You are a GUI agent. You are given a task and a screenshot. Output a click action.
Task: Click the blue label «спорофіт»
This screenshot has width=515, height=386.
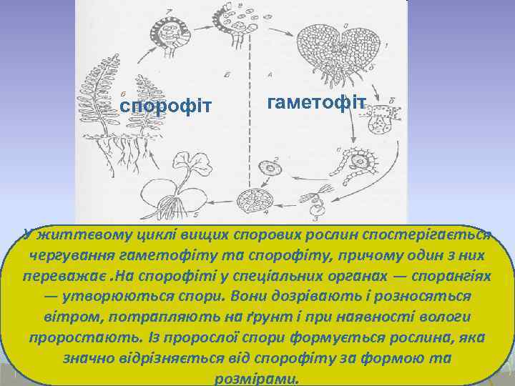(166, 107)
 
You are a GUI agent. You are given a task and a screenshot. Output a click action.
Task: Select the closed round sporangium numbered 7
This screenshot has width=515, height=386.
(170, 33)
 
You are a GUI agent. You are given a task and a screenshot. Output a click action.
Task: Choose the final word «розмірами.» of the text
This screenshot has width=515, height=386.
(257, 377)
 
